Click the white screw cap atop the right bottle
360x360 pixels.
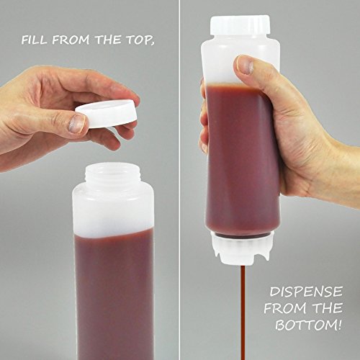point(240,26)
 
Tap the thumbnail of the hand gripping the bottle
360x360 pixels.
point(246,66)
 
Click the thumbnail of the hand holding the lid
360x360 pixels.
point(76,124)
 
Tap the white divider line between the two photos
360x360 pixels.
point(179,180)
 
